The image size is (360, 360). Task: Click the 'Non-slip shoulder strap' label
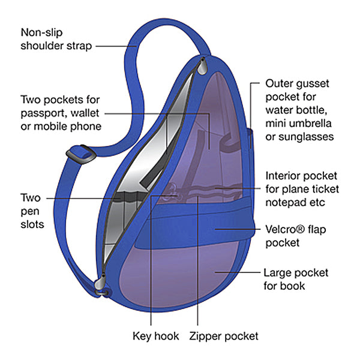(x=56, y=38)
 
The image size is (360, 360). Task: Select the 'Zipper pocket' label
(x=223, y=336)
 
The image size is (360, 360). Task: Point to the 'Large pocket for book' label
(x=296, y=279)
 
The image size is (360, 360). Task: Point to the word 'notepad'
(x=285, y=202)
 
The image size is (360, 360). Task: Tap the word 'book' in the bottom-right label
(x=294, y=286)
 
